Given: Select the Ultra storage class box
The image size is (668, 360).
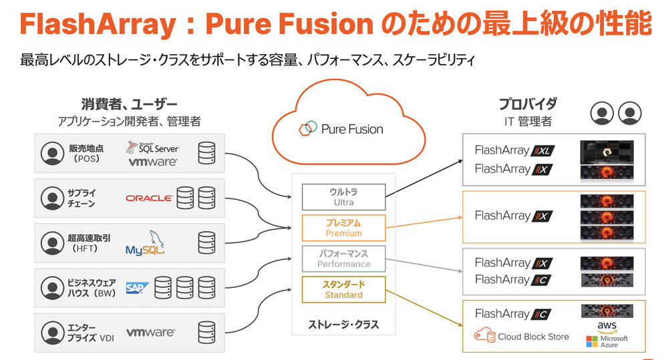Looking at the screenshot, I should click(x=343, y=197).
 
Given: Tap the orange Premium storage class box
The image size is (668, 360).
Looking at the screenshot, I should click(x=343, y=228).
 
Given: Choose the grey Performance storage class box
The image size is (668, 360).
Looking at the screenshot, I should click(x=343, y=258).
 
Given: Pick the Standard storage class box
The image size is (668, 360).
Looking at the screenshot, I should click(x=343, y=289).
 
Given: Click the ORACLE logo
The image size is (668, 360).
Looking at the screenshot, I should click(x=149, y=198).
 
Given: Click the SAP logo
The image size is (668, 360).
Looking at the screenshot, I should click(x=136, y=288).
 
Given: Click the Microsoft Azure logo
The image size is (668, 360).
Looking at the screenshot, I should click(x=607, y=342).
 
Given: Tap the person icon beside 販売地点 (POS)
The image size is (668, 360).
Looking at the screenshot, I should click(x=51, y=154).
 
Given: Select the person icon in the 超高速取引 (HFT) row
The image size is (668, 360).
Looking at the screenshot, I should click(x=51, y=242).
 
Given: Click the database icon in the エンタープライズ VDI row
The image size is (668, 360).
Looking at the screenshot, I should click(x=206, y=332).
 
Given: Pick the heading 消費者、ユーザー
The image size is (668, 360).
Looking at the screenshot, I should click(x=129, y=104).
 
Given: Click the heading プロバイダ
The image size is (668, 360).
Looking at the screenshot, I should click(x=528, y=104).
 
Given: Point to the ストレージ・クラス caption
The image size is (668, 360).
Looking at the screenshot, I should click(x=343, y=325).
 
